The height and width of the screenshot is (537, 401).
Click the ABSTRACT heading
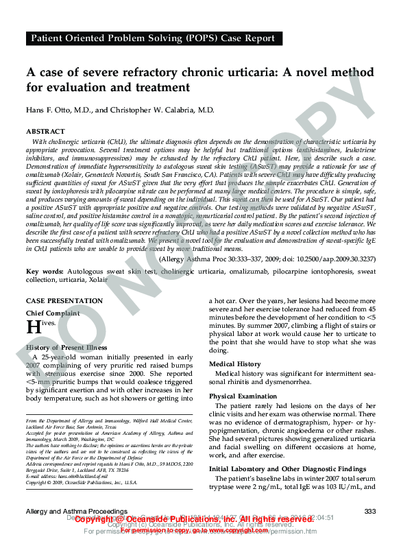pos(45,131)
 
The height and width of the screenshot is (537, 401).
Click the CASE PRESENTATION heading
pos(64,301)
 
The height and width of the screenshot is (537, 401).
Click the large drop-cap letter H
pos(32,327)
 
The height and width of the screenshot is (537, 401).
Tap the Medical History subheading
pos(235,364)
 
